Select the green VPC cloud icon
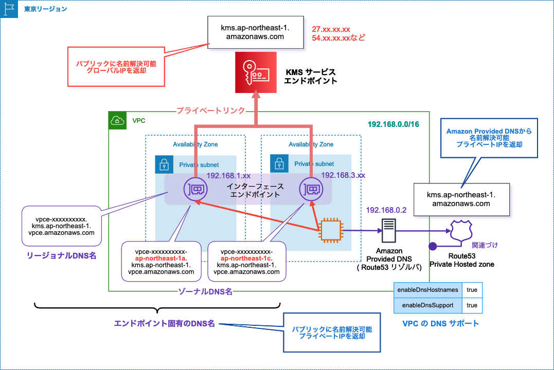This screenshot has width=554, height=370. [x=118, y=121]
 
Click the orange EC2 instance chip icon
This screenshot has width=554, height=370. [x=329, y=231]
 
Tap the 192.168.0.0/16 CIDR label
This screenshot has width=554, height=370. [x=393, y=124]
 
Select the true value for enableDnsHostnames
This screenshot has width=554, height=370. [x=472, y=290]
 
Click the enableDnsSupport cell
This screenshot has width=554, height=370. [x=427, y=305]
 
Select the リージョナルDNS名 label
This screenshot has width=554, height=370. [x=62, y=255]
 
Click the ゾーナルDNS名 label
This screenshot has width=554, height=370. [x=205, y=291]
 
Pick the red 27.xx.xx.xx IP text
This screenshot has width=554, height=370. [x=331, y=29]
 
